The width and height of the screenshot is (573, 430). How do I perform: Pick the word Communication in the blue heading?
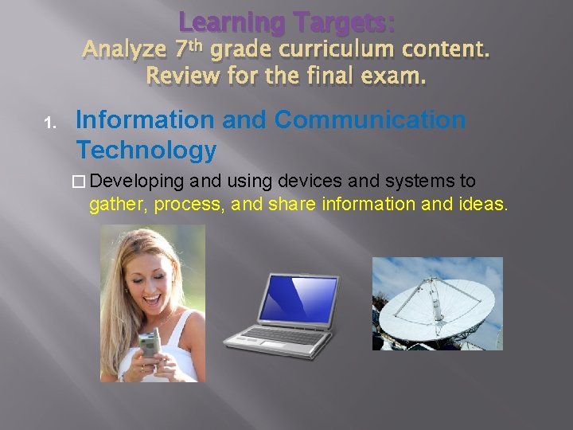370,120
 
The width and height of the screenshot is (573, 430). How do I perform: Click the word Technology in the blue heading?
146,149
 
